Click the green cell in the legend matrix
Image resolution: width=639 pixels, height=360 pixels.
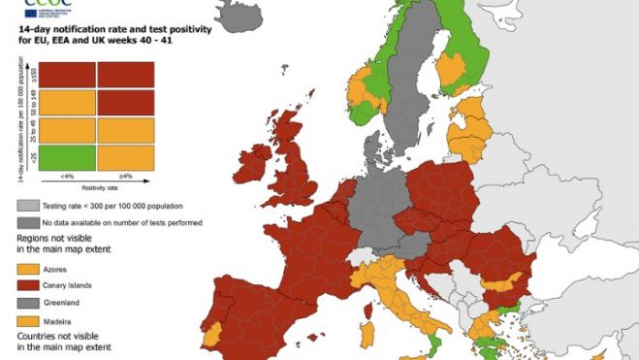pos(67,155)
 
